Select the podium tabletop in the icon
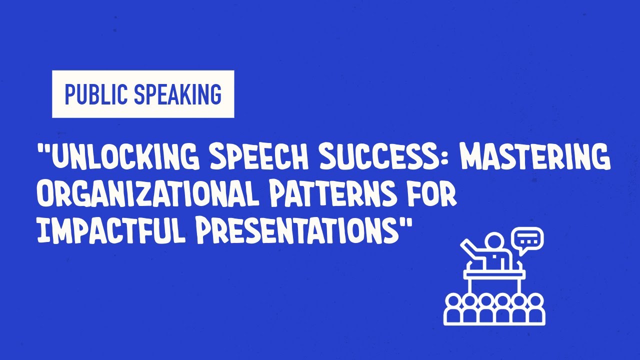(494, 273)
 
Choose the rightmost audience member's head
(535, 300)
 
